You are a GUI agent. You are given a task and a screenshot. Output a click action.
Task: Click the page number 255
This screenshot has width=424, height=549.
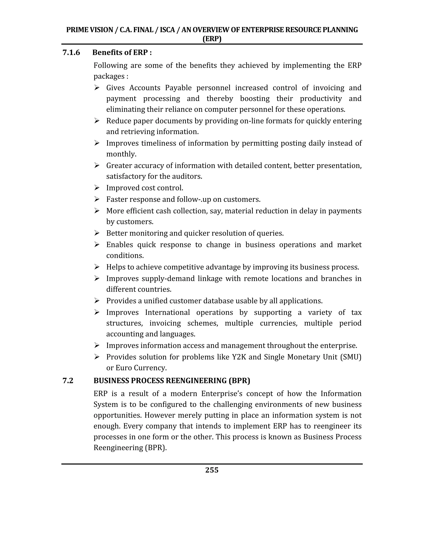[x=212, y=470]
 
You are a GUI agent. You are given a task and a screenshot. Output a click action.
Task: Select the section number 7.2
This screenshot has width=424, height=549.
[x=68, y=381]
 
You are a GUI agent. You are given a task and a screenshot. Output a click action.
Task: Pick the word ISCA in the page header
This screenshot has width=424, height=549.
[x=167, y=30]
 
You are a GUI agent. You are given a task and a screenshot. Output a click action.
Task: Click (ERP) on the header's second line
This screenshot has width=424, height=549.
[x=212, y=39]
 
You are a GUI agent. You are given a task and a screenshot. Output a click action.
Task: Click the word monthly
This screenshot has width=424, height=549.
[x=121, y=154]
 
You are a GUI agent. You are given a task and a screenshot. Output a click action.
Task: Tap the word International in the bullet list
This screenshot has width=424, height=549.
[x=167, y=312]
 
